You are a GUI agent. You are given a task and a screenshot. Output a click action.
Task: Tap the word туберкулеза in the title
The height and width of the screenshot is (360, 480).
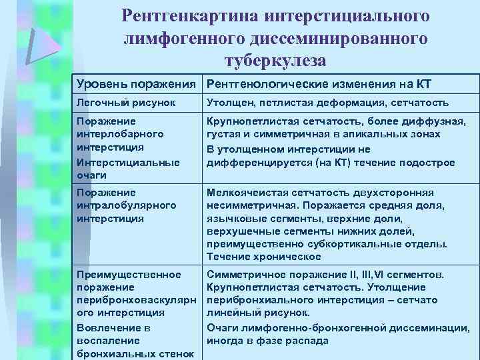click(275, 61)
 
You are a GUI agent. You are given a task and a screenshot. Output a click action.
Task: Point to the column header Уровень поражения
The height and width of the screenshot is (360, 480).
click(138, 85)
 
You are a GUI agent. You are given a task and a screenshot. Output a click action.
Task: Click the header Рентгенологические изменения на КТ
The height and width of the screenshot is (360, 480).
click(319, 85)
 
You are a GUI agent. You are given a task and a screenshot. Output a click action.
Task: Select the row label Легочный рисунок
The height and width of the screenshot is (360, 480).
click(126, 103)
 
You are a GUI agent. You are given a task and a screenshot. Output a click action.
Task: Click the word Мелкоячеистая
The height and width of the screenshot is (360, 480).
click(242, 192)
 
